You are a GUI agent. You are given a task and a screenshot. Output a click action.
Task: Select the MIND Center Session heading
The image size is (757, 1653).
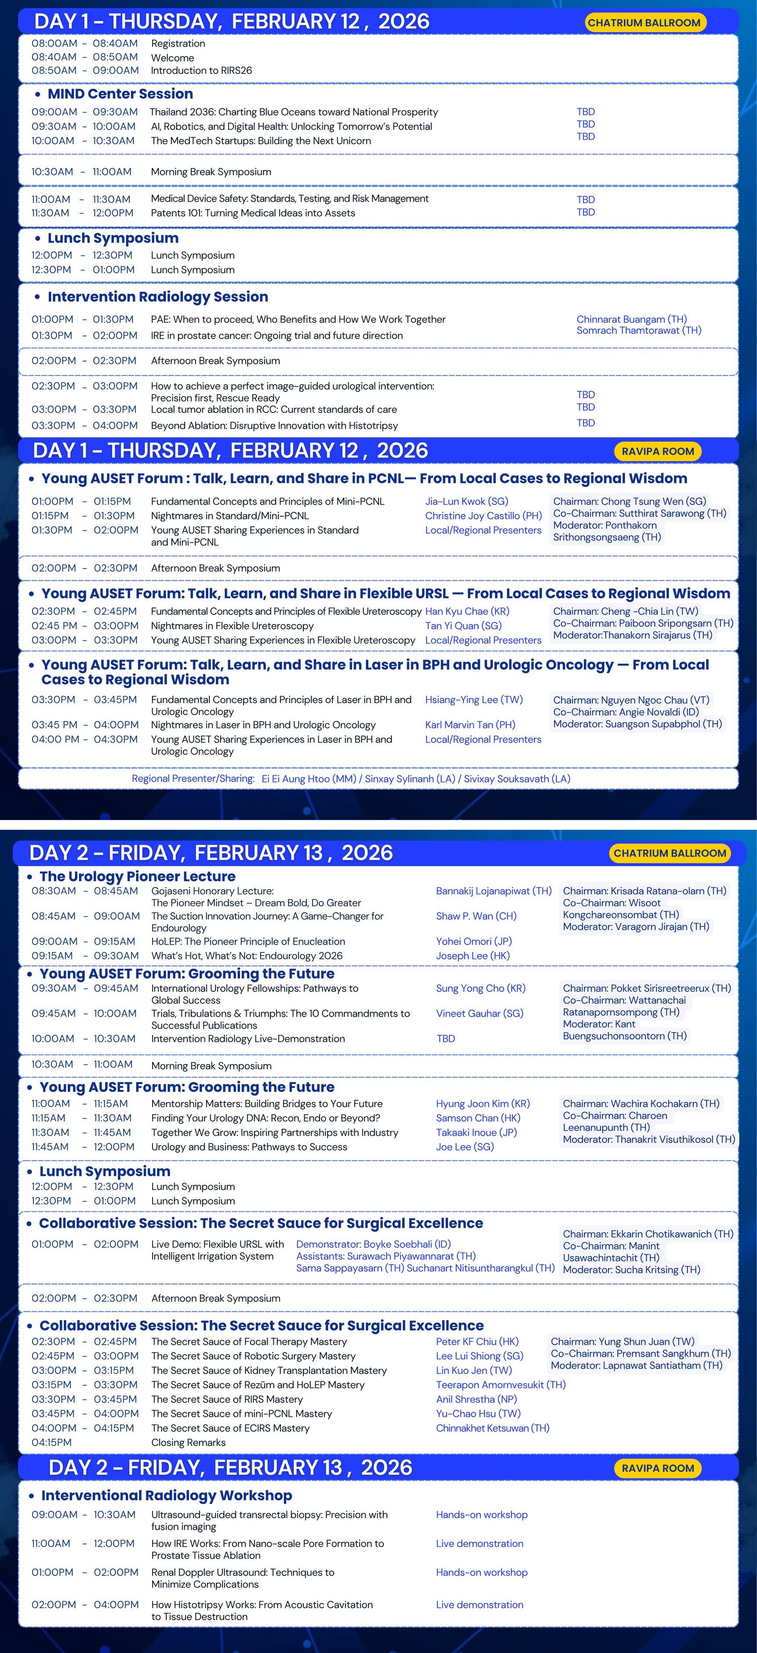[120, 94]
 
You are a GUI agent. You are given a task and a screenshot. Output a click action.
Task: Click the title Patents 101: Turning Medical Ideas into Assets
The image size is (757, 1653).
[253, 213]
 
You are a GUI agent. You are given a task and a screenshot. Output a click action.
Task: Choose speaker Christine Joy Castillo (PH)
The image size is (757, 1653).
[483, 515]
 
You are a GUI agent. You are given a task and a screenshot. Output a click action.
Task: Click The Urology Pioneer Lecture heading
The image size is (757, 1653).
[137, 876]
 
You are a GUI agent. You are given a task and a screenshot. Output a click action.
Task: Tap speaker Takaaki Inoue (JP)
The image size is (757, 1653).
[476, 1133]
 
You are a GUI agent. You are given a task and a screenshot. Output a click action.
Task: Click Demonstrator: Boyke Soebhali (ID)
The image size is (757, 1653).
[373, 1244]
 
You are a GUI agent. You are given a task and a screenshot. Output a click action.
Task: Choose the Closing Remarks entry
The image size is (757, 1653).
[188, 1442]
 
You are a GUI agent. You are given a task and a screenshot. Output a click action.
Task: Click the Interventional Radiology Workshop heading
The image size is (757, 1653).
[166, 1495]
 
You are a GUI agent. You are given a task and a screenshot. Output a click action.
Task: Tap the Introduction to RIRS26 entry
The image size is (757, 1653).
[201, 71]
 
